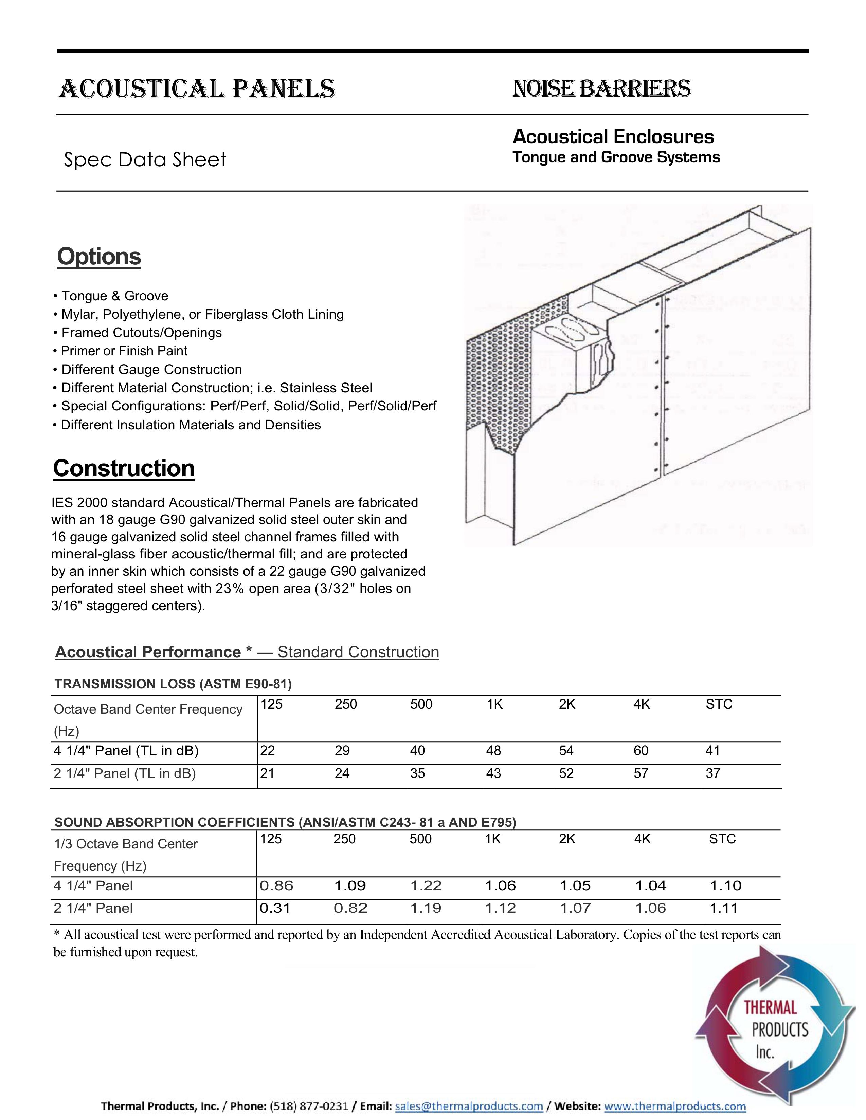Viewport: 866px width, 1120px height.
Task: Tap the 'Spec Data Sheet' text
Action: coord(145,160)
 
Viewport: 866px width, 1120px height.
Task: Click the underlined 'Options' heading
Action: coord(99,256)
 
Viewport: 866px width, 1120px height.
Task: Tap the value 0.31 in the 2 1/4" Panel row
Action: coord(275,908)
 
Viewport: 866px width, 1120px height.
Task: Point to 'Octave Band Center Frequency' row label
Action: coord(148,709)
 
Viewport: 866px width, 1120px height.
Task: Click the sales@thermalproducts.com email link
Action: coord(469,1106)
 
